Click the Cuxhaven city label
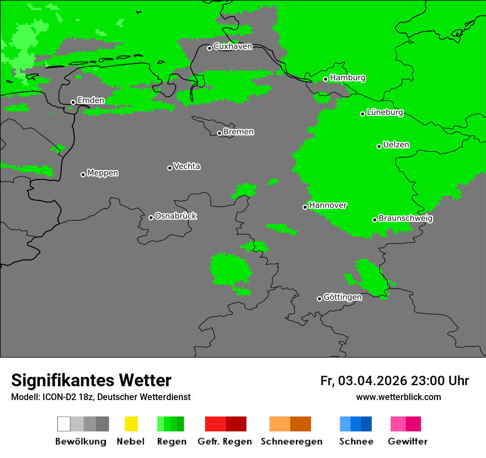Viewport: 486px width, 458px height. point(233,46)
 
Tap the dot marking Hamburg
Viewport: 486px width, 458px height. point(326,79)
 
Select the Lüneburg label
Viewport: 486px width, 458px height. point(385,113)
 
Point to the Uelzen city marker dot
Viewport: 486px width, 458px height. point(379,146)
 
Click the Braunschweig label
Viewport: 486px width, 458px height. point(405,219)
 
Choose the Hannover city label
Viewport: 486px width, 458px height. point(328,205)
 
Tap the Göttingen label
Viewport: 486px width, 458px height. point(342,297)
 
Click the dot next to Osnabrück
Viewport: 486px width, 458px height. point(151,217)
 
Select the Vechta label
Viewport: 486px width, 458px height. point(187,166)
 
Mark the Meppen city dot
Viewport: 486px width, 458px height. point(83,174)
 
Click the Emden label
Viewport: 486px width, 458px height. point(91,100)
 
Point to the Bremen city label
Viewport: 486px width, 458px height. point(239,132)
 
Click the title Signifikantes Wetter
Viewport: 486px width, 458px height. point(91,381)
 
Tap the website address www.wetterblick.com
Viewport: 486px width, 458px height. point(398,397)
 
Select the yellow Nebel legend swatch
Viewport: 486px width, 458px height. point(131,424)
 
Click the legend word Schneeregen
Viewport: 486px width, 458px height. point(292,441)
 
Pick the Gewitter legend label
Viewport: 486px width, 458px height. point(407,441)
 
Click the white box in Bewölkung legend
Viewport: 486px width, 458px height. point(64,424)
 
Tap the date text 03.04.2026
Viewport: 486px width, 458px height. point(372,381)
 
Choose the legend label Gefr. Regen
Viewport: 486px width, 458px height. point(225,441)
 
